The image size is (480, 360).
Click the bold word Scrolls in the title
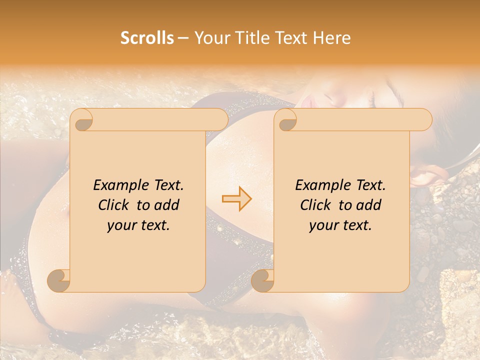tap(147, 38)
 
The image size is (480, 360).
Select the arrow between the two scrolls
tap(237, 199)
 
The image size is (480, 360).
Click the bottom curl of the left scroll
tap(59, 280)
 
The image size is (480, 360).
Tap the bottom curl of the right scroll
tap(263, 280)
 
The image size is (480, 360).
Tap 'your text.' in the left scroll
tap(138, 225)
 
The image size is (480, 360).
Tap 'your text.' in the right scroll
tap(340, 225)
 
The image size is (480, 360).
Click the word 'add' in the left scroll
tap(167, 205)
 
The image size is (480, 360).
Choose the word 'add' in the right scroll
tap(369, 205)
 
